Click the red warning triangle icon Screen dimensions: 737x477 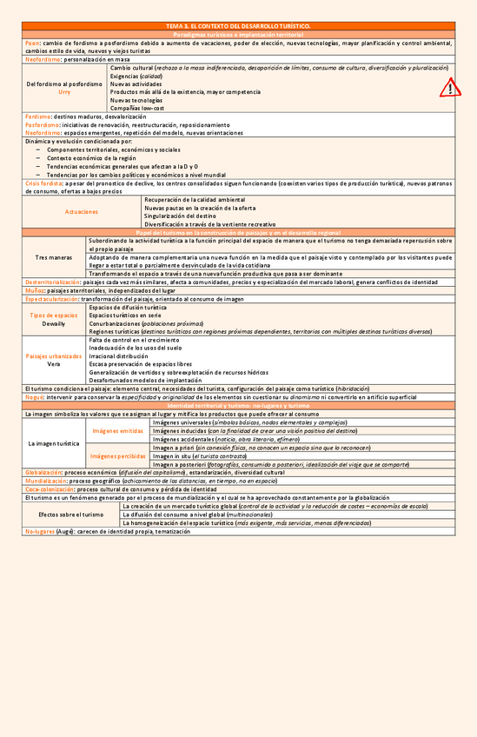point(450,87)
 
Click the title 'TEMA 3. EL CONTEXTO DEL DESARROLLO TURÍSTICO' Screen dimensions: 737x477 point(238,27)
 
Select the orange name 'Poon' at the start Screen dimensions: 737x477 point(32,43)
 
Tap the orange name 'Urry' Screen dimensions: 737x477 point(64,91)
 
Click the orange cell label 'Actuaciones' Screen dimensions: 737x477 point(82,211)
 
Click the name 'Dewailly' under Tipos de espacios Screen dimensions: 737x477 point(54,322)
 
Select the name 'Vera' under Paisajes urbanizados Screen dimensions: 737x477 point(54,364)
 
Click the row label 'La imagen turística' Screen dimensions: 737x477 point(54,443)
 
